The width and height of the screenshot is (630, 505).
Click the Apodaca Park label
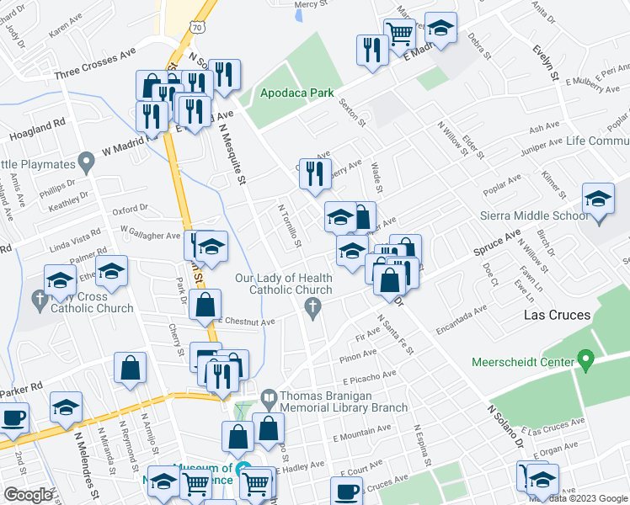pos(296,93)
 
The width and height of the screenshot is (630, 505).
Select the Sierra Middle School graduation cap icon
pos(598,200)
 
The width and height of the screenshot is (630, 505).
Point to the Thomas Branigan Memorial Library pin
pos(269,396)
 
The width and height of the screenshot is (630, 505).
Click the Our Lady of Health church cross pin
pos(314,309)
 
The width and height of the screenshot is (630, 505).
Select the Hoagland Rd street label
pos(37,130)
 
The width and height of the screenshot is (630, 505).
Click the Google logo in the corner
pos(28,494)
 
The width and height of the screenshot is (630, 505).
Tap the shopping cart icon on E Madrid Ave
pos(399,34)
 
